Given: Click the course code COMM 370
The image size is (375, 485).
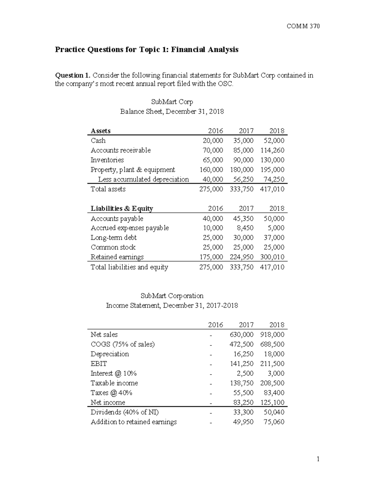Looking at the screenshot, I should (303, 26).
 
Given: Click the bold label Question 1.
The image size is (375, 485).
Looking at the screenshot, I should (73, 75).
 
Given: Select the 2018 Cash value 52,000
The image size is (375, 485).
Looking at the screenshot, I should (274, 141).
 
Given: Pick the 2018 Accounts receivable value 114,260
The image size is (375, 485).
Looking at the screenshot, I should (272, 150).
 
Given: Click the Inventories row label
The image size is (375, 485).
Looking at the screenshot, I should (107, 160).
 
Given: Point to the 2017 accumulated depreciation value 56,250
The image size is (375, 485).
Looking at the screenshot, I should (243, 179).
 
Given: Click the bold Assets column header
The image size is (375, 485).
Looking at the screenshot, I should (100, 131).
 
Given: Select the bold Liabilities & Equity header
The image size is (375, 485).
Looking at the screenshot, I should (122, 208).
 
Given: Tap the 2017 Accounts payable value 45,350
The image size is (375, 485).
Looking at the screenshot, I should (243, 218).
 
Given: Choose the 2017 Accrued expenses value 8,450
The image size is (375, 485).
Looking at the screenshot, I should (245, 228).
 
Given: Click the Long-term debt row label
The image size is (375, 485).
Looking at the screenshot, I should (113, 238).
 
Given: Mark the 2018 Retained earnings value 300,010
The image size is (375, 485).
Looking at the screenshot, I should (272, 257).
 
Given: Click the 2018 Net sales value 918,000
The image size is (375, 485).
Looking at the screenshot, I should (272, 334).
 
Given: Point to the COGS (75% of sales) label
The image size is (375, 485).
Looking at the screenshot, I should (122, 344).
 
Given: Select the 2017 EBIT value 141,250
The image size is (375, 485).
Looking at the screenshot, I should (242, 364).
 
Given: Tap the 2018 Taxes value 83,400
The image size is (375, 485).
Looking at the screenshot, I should (274, 393).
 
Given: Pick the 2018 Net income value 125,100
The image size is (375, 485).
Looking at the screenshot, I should (272, 402).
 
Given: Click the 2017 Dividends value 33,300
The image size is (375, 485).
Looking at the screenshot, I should (243, 412).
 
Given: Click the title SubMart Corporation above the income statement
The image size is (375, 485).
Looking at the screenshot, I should (172, 295).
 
